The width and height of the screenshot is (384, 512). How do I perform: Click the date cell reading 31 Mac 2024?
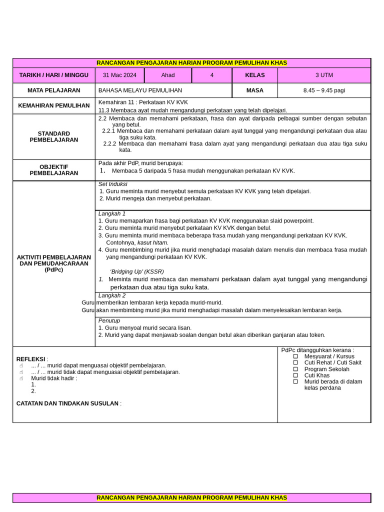119,75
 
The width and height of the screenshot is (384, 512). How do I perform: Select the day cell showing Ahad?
168,75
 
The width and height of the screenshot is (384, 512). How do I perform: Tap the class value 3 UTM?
324,75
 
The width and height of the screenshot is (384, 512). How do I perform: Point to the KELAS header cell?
254,75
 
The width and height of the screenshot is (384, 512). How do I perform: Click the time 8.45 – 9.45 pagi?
324,90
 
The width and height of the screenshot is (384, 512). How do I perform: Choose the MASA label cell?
254,90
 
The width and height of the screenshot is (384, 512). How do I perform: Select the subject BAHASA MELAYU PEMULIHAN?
140,90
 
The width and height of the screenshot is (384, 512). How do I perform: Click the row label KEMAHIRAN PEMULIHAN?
54,106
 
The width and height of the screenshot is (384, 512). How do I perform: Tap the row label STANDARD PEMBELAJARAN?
54,136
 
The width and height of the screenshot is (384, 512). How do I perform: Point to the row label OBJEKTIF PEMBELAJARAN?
54,170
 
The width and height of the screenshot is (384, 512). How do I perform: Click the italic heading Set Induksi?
113,184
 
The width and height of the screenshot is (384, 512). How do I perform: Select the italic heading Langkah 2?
112,295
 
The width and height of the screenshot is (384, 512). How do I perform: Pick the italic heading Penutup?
109,320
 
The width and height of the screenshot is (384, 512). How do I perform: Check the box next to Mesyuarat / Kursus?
295,356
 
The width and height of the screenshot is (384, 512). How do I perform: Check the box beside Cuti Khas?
295,375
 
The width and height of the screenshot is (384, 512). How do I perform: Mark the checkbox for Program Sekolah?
295,369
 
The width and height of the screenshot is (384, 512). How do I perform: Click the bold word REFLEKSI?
31,359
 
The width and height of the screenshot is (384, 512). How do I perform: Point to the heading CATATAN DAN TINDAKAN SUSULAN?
67,403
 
